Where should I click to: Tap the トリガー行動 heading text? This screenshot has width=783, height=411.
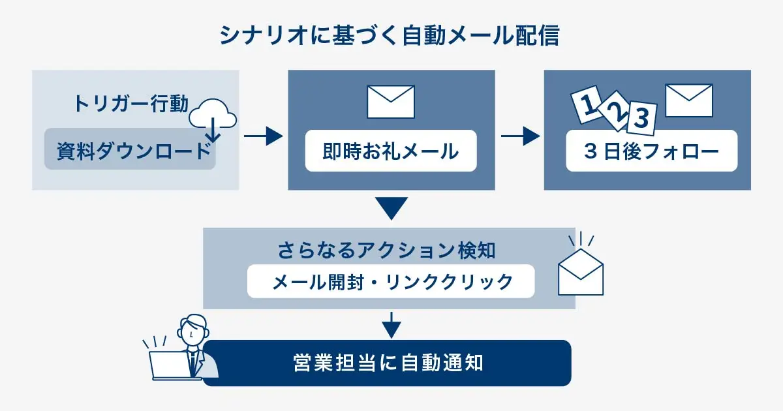130,104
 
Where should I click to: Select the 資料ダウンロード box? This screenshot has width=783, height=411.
130,151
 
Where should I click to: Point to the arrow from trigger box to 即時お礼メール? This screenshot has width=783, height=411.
263,136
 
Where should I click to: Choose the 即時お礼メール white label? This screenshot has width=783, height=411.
391,152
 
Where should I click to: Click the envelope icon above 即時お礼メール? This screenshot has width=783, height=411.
391,102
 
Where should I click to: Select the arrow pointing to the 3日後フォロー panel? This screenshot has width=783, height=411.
520,136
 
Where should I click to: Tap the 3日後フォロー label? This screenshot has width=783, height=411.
651,152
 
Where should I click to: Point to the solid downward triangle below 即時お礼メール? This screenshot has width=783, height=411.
391,207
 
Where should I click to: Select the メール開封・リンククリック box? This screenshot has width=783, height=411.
391,281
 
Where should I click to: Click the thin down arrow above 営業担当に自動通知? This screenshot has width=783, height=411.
390,324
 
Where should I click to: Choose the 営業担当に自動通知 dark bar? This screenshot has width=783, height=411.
388,363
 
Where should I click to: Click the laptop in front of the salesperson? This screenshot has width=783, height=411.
168,365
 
